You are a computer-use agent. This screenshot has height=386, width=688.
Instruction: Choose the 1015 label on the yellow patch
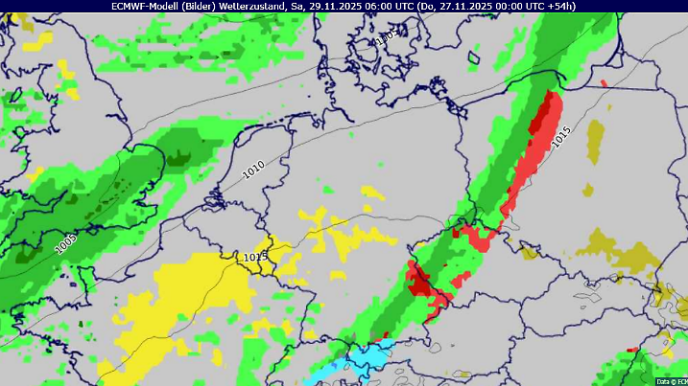click(x=255, y=257)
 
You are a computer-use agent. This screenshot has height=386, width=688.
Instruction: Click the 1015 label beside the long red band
click(x=561, y=137)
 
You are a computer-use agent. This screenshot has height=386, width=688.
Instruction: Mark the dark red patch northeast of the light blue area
click(x=420, y=281)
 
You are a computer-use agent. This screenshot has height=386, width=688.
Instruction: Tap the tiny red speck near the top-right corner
click(x=604, y=83)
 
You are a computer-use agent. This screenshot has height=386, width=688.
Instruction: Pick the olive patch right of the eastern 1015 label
click(x=596, y=139)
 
